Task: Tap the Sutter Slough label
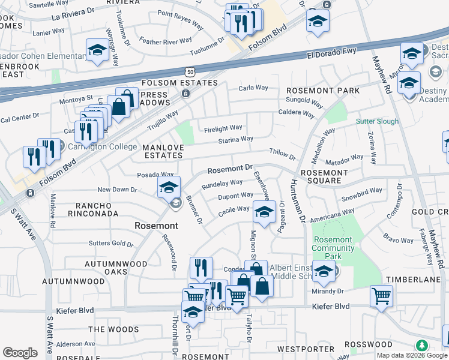click(x=377, y=121)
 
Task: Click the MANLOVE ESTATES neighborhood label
click(x=162, y=151)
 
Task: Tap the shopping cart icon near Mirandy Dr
click(x=381, y=295)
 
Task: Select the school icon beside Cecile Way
click(x=264, y=211)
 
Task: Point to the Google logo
click(x=20, y=352)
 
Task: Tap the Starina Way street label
click(x=236, y=139)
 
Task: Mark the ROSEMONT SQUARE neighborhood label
click(x=324, y=176)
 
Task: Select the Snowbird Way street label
click(x=361, y=194)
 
